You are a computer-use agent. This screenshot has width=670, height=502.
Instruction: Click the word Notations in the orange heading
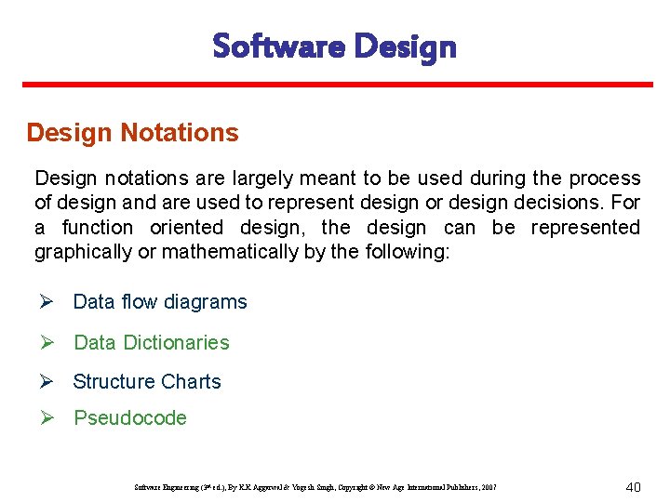pyautogui.click(x=180, y=133)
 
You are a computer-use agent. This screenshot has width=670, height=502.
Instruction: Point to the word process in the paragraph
pyautogui.click(x=605, y=178)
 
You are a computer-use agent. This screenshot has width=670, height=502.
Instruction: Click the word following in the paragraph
pyautogui.click(x=407, y=252)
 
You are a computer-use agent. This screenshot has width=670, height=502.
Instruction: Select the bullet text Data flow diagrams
pyautogui.click(x=160, y=302)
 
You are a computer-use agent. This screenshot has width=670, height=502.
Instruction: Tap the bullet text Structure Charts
pyautogui.click(x=147, y=382)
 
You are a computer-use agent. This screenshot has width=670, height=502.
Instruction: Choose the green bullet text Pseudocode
pyautogui.click(x=130, y=418)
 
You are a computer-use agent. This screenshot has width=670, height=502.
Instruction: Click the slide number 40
pyautogui.click(x=633, y=486)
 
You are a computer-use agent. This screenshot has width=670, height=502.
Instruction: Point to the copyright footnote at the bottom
pyautogui.click(x=315, y=487)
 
